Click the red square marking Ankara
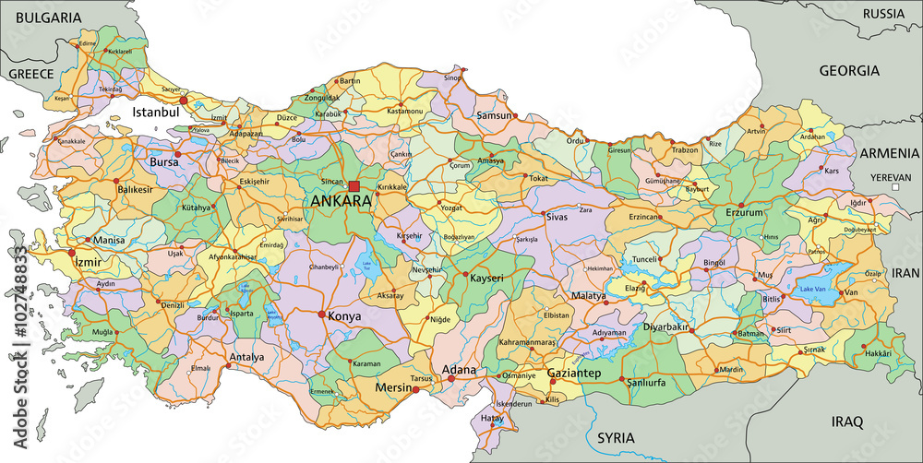[x=354, y=185]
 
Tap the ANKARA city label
[x=342, y=201]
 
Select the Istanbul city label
[x=154, y=112]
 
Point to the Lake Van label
[x=812, y=290]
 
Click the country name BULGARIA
[x=42, y=18]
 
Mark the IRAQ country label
[x=846, y=421]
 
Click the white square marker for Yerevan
[x=894, y=187]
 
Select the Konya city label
[x=344, y=315]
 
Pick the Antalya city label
[x=246, y=357]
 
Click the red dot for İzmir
[x=71, y=252]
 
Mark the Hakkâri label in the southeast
[x=877, y=353]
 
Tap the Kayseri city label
[x=486, y=278]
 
